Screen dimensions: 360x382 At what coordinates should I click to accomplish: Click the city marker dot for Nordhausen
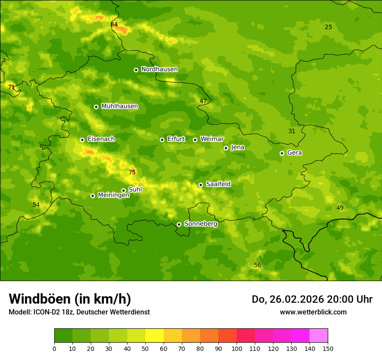coord(136,70)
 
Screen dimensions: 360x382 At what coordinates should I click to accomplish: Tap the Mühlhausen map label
coord(119,106)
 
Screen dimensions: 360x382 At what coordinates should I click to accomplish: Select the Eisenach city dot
coord(82,140)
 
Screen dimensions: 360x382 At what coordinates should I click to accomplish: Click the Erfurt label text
coord(176,139)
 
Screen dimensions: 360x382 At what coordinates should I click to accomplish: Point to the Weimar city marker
coord(195,140)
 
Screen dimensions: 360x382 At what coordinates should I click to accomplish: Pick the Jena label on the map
coord(237,147)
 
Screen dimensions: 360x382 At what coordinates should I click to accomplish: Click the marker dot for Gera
coord(282,153)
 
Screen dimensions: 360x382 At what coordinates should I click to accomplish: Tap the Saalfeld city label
coord(218,184)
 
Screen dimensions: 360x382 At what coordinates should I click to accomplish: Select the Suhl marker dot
coord(123,190)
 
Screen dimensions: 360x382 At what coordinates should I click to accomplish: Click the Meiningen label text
coord(113,195)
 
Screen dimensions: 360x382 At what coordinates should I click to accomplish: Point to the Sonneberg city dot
coord(179,224)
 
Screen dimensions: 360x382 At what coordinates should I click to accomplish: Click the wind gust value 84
coord(114,25)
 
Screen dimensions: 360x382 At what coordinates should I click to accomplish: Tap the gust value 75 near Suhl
coord(132,173)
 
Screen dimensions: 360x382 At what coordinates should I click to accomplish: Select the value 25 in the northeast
coord(328,27)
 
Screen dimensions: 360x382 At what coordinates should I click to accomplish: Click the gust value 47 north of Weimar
coord(203,101)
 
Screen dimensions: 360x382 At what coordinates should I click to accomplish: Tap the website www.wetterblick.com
coord(313,312)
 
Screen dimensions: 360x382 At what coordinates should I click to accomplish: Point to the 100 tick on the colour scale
coord(237,349)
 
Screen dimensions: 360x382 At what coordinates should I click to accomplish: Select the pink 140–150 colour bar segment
coord(319,336)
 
